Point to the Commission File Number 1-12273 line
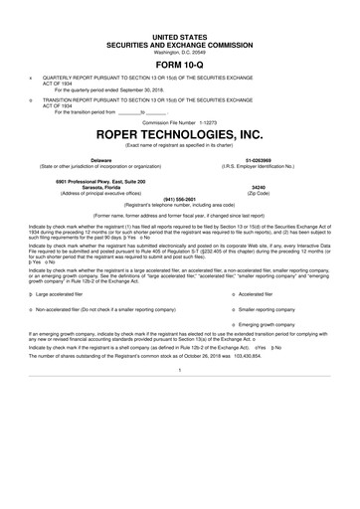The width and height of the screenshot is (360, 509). pyautogui.click(x=180, y=122)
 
